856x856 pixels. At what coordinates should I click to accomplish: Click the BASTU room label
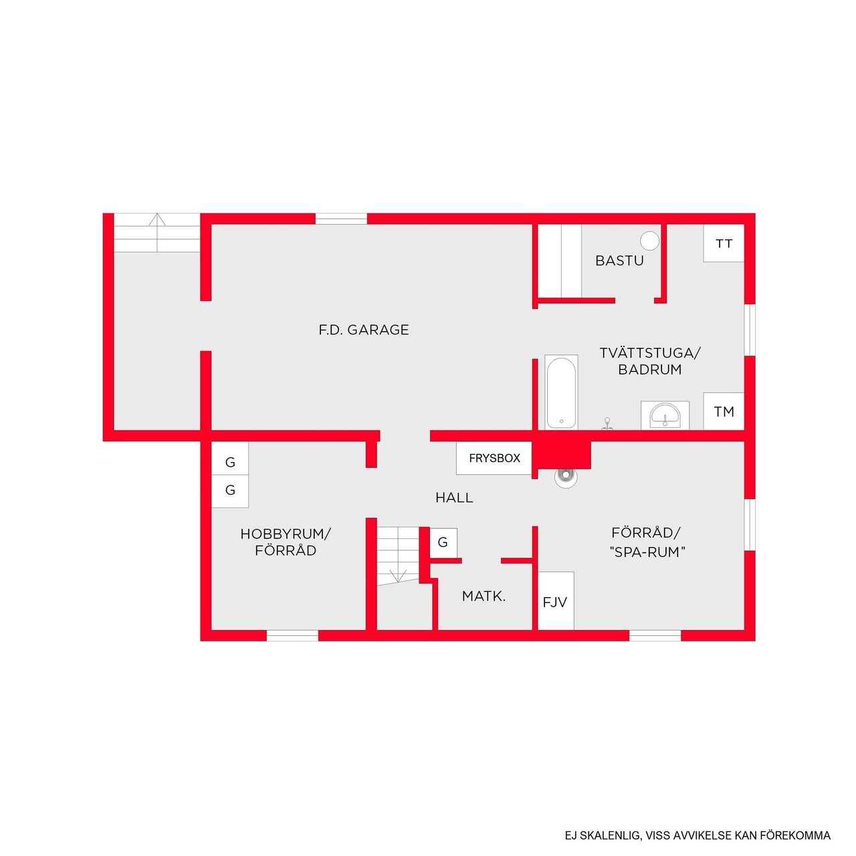click(619, 261)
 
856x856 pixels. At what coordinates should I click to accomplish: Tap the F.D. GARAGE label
click(364, 330)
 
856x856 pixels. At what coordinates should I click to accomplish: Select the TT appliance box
click(724, 243)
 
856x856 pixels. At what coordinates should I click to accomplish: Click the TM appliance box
click(724, 411)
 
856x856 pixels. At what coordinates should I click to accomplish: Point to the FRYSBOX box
click(494, 458)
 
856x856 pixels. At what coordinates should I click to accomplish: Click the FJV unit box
click(555, 601)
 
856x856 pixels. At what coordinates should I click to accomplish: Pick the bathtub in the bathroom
click(561, 392)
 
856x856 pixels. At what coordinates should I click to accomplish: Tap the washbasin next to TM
click(665, 415)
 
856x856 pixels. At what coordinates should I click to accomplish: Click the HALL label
click(454, 498)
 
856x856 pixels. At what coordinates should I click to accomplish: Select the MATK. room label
click(484, 596)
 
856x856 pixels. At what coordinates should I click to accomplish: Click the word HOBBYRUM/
click(286, 534)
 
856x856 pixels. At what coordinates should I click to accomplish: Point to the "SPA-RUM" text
click(647, 552)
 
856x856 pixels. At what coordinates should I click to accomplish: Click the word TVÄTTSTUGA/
click(649, 352)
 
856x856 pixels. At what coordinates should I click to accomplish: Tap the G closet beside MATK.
click(443, 542)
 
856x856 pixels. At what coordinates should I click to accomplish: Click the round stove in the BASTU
click(649, 241)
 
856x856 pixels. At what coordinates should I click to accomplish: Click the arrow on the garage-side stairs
click(157, 221)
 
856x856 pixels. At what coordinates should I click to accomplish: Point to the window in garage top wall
click(341, 219)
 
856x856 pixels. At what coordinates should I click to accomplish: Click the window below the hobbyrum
click(292, 635)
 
